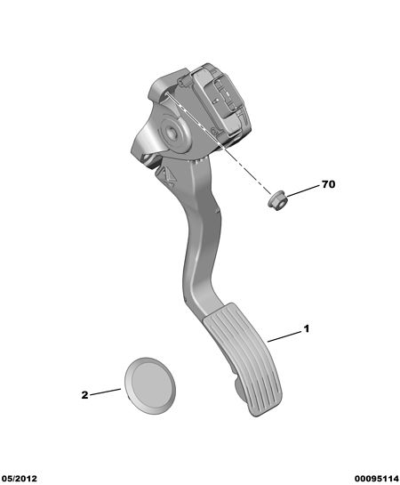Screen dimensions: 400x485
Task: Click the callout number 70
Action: [328, 184]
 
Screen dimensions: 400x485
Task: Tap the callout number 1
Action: [306, 328]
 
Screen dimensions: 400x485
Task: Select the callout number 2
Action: [84, 395]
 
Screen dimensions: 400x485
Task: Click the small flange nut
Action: [276, 201]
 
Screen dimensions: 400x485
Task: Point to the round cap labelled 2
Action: [150, 385]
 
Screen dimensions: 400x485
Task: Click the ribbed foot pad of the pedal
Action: [243, 359]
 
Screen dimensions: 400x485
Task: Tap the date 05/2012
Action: [19, 479]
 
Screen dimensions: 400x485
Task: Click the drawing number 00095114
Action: [377, 479]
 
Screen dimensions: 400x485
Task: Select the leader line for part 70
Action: [303, 190]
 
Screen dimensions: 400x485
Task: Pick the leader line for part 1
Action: [284, 336]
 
